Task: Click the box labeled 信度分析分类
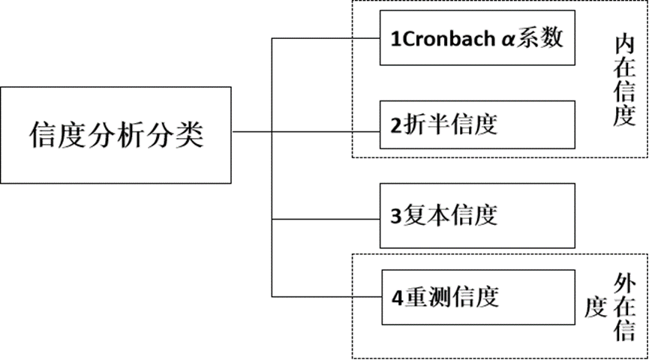tap(116, 134)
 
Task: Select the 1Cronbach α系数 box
tap(476, 38)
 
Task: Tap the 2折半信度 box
tap(476, 124)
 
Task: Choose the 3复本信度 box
tap(476, 215)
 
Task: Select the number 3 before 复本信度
tap(395, 217)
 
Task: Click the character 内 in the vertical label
tap(624, 44)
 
